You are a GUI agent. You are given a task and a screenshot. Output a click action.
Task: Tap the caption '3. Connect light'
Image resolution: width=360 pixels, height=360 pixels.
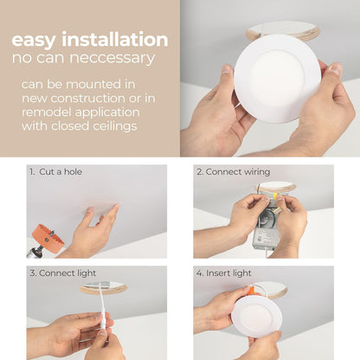click(x=65, y=273)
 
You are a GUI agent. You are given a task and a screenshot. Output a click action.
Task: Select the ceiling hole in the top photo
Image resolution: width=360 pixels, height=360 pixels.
click(x=282, y=31)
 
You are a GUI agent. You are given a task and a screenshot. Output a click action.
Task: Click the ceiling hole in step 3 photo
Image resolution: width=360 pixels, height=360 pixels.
click(x=104, y=286)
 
